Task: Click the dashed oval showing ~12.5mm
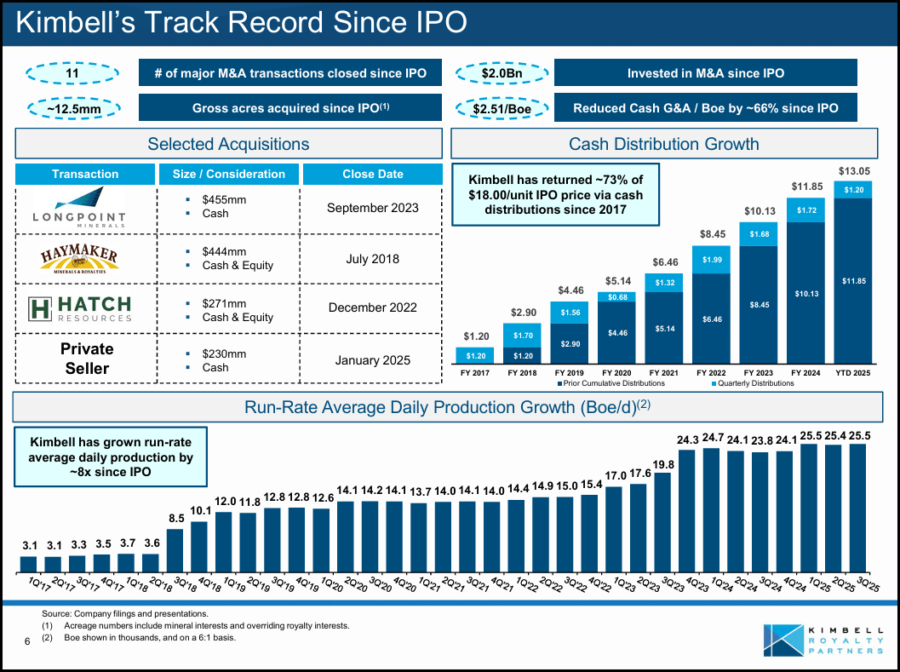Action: pyautogui.click(x=72, y=108)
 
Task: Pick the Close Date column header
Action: pyautogui.click(x=372, y=174)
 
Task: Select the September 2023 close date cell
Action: pyautogui.click(x=372, y=207)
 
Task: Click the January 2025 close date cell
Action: pyautogui.click(x=372, y=360)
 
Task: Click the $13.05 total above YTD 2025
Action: pyautogui.click(x=853, y=170)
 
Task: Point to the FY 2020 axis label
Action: pyautogui.click(x=617, y=373)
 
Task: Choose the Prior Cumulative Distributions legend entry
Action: pyautogui.click(x=611, y=383)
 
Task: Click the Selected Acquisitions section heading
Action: pyautogui.click(x=228, y=144)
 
